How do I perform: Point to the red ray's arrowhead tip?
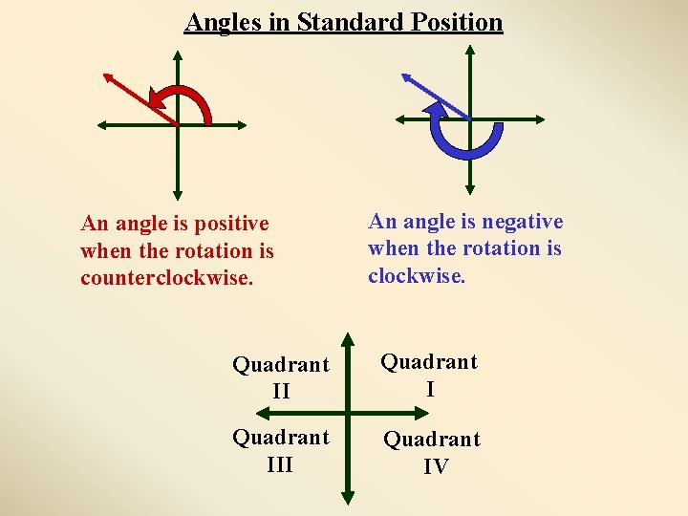point(104,73)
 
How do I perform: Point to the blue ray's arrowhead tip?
point(402,74)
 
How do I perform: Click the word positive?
point(231,224)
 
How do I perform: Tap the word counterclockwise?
point(167,279)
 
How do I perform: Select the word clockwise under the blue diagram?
point(417,276)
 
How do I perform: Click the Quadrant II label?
point(281,377)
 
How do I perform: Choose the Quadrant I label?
point(429,375)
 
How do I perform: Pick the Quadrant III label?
point(281,450)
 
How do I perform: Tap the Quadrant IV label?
point(432,452)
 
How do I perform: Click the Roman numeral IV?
point(437,466)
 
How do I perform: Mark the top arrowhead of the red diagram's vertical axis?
point(177,56)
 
